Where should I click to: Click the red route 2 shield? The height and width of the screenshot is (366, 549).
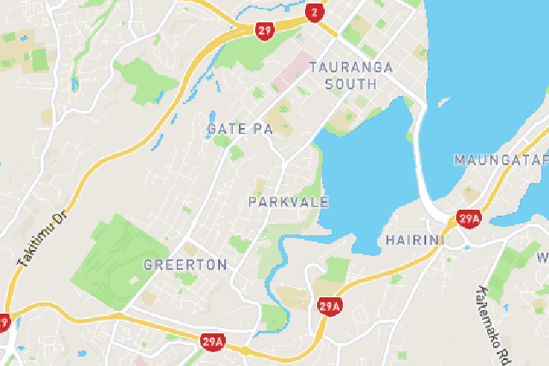coord(314,12)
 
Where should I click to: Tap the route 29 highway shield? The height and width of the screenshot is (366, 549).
coord(265,30)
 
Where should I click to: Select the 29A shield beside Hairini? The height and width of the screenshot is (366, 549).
coord(468,219)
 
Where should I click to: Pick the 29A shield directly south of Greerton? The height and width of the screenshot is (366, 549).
coord(212,341)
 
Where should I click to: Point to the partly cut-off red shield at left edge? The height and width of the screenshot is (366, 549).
coord(3,323)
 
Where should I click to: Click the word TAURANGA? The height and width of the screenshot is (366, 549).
coord(351,67)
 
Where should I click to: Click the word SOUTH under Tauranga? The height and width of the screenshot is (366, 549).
coord(351,84)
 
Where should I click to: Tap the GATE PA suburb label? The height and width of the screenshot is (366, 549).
coord(240,129)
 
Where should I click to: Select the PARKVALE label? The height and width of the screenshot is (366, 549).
coord(289,202)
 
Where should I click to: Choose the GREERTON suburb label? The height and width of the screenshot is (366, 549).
coord(185,264)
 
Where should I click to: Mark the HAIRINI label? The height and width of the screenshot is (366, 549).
coord(414,239)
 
